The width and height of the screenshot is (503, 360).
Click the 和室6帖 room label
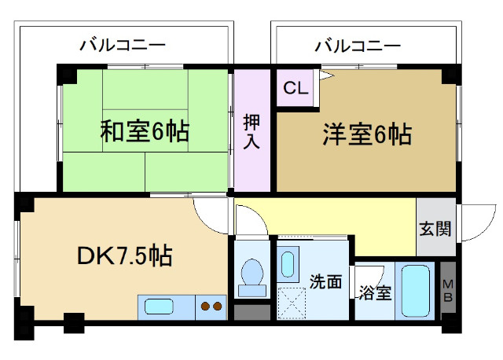(144, 131)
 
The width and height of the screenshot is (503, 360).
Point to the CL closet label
(296, 87)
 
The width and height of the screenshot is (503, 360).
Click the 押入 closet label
(251, 131)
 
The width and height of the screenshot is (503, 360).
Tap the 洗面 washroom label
(325, 281)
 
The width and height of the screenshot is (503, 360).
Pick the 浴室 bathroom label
(374, 293)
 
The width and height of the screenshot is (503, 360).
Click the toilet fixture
(252, 276)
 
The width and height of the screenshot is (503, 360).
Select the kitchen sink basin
(160, 306)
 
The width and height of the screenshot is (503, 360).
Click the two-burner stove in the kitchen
(210, 307)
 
